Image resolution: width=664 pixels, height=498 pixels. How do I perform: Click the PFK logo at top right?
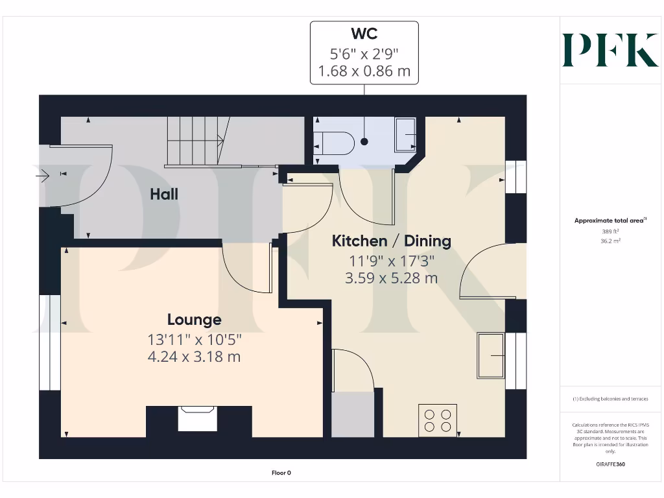click(610, 50)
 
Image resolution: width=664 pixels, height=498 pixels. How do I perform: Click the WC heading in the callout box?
click(364, 33)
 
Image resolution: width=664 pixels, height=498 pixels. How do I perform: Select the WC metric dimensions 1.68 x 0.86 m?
click(364, 71)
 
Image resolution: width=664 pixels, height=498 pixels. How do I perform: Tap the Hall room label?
click(164, 194)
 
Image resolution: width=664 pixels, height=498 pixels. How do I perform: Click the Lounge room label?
click(194, 320)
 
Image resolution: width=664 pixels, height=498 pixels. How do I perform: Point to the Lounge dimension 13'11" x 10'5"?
click(194, 338)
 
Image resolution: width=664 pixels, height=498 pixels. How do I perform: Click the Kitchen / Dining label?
click(391, 241)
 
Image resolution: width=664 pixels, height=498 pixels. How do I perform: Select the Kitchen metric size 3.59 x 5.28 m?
click(391, 278)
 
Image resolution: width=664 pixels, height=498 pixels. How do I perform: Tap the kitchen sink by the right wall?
click(491, 355)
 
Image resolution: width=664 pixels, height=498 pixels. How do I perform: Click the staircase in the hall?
click(195, 141)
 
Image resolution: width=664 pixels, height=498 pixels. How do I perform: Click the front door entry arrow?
click(43, 174)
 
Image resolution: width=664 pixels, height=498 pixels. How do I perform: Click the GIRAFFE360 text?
click(610, 464)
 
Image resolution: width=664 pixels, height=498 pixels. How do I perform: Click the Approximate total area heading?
click(610, 220)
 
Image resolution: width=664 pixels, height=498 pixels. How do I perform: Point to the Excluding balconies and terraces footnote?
click(610, 399)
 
